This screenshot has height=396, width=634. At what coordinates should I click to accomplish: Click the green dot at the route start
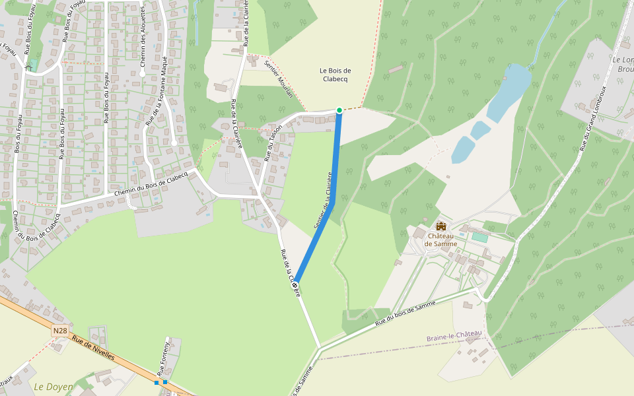click(x=339, y=110)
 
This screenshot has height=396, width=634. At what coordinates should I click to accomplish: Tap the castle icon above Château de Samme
click(x=441, y=226)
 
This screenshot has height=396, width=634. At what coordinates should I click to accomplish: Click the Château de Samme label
click(x=442, y=240)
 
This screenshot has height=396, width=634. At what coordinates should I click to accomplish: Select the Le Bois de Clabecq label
click(x=335, y=75)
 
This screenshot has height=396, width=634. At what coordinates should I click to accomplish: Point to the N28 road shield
click(x=60, y=330)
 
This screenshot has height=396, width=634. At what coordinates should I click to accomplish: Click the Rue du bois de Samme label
click(x=405, y=313)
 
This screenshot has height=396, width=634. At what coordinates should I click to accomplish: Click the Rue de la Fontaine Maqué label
click(x=157, y=91)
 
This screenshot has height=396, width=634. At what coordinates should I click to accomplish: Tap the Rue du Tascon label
click(x=273, y=143)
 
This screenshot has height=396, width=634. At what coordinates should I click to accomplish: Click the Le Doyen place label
click(x=53, y=386)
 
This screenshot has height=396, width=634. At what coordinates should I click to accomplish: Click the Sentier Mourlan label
click(x=279, y=82)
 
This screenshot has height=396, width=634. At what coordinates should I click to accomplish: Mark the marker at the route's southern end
click(x=295, y=284)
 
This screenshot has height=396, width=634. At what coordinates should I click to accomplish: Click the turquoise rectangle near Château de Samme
click(x=479, y=237)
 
